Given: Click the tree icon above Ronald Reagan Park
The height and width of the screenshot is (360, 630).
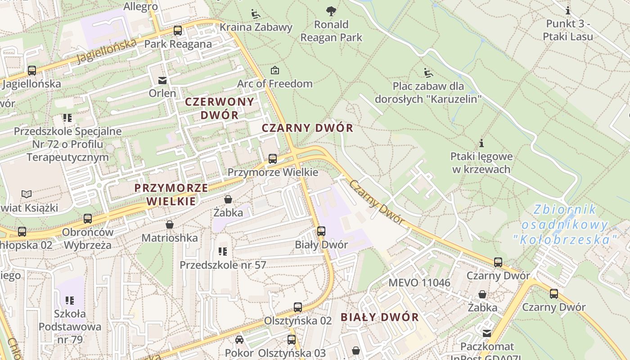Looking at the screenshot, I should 331,10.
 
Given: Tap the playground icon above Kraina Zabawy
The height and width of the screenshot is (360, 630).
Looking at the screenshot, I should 256,13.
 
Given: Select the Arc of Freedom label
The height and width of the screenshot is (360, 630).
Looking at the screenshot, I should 274,84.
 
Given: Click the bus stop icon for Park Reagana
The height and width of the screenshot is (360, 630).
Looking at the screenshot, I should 178,31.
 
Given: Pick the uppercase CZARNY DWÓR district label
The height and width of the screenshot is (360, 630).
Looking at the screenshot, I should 307,128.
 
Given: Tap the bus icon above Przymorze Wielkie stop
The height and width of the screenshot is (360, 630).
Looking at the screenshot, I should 273,158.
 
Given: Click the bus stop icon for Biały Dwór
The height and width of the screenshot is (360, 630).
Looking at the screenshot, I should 321,231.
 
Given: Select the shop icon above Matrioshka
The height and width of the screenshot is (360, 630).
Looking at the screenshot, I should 170,224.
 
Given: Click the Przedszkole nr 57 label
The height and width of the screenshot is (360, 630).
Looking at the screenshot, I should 223,265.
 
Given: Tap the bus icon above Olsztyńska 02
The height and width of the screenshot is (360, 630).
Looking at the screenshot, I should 298,307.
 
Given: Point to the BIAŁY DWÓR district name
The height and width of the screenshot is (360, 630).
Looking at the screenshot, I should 379,317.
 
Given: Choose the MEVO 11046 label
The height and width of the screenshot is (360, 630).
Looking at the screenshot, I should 419,283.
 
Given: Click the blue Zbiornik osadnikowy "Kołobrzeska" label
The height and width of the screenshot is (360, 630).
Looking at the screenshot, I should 564,225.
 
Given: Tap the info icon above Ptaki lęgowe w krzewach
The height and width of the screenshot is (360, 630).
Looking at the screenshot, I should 482,143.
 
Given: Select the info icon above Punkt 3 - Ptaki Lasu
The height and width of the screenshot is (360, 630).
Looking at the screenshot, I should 568,10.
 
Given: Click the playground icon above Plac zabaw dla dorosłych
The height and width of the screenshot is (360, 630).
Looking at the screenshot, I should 428,72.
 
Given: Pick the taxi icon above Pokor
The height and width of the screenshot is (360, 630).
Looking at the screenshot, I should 239,339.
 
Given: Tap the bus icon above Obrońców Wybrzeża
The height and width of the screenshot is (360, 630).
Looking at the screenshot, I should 88,219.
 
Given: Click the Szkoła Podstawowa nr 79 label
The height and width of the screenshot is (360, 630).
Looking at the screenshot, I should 70,326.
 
